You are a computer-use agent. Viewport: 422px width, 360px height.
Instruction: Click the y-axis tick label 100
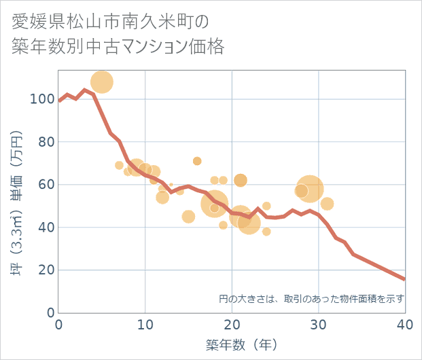tap(41, 99)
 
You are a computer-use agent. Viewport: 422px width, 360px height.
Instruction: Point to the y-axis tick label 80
tap(45, 142)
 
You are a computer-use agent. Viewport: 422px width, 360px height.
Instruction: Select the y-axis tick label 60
tap(45, 185)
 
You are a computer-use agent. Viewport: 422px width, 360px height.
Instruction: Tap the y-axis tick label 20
tap(45, 270)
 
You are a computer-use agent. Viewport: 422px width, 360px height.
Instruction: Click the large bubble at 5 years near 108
tap(102, 82)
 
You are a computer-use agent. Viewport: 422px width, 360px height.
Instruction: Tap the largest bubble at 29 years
tap(310, 189)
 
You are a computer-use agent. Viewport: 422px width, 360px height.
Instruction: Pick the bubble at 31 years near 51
tap(327, 204)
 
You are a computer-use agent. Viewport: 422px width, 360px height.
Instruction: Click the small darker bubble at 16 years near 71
tap(197, 161)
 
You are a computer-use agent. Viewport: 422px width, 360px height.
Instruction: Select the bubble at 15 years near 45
tap(188, 217)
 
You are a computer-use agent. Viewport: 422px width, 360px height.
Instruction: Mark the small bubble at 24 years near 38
tap(266, 232)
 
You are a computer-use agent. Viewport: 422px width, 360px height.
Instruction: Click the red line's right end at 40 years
tap(404, 279)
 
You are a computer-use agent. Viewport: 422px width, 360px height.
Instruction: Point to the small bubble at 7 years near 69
tap(120, 165)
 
